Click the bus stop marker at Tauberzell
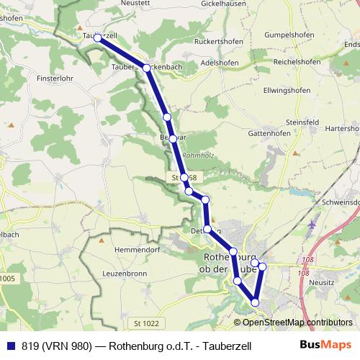97,37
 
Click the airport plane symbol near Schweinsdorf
311,224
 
